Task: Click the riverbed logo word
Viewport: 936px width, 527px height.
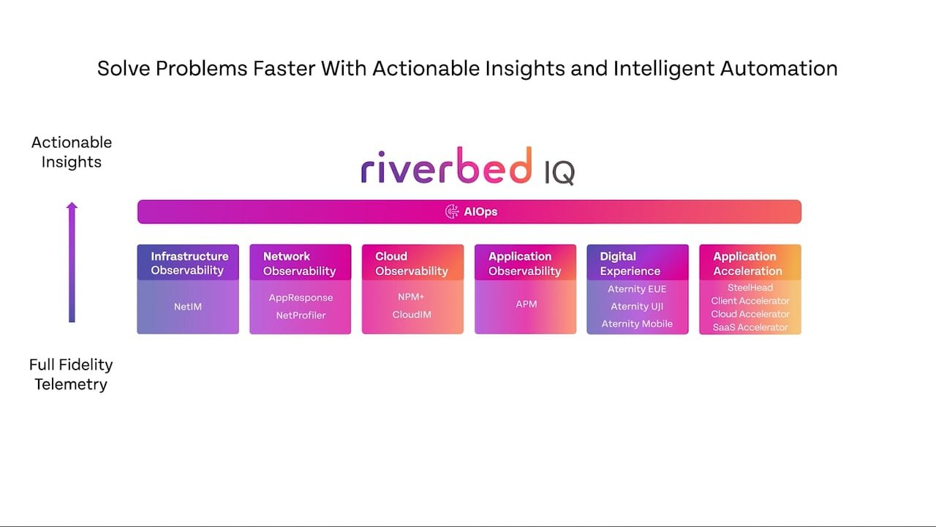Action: [446, 167]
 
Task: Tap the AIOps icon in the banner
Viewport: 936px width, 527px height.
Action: [453, 212]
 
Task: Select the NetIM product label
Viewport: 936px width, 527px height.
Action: [188, 307]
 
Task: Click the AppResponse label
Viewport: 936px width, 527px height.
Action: [301, 298]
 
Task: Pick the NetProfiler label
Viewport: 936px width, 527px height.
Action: [301, 315]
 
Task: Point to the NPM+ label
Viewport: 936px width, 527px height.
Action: [412, 297]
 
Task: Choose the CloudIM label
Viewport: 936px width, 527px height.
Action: [412, 315]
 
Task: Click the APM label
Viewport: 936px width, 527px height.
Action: [526, 304]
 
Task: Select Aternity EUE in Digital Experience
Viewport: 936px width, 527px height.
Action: [637, 289]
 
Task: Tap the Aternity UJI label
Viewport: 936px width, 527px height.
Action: [637, 307]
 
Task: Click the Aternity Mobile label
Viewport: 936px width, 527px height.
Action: [637, 324]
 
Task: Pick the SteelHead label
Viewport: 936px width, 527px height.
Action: [750, 288]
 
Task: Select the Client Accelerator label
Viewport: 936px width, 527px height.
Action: [750, 301]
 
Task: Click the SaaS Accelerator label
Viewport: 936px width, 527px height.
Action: [750, 327]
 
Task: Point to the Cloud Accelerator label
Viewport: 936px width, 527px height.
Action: [750, 314]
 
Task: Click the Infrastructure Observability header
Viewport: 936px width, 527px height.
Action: [189, 263]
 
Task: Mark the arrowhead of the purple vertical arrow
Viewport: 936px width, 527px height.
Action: [72, 207]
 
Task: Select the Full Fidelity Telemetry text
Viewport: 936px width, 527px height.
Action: [71, 374]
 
